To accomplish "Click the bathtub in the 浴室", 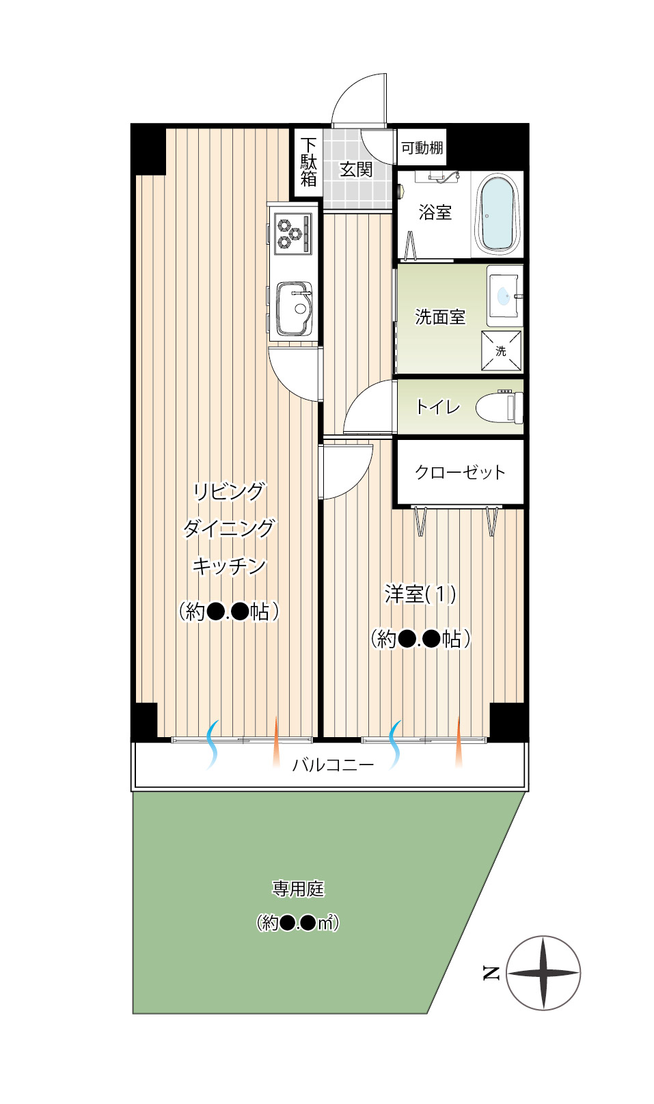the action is (497, 215).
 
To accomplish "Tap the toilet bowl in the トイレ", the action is (500, 406).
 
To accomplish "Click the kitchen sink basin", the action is (295, 308).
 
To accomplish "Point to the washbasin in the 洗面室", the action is (504, 296).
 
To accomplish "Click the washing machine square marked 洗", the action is (501, 350).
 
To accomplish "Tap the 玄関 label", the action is (356, 169).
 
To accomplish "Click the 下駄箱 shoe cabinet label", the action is (308, 162).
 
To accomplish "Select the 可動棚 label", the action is (422, 148).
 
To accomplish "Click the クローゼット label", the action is (460, 472).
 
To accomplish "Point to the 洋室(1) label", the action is (420, 594).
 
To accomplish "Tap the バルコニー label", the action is (333, 765).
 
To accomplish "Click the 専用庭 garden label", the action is (298, 889).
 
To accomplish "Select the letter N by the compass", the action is (491, 974).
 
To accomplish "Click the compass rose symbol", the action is (543, 973).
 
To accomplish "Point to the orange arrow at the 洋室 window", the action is (459, 742).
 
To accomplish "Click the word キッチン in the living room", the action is (229, 566).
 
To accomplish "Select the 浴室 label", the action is (435, 212).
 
